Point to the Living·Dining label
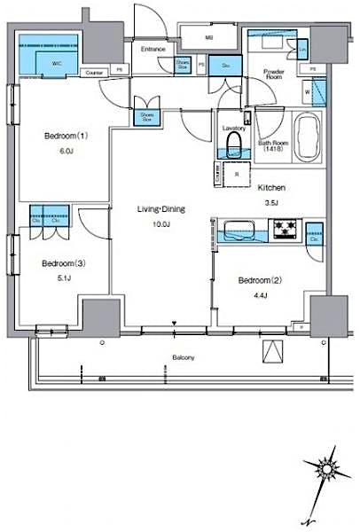pyautogui.click(x=160, y=208)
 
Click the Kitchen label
pyautogui.click(x=270, y=188)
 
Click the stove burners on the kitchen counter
pyautogui.click(x=286, y=232)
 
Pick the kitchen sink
pyautogui.click(x=242, y=234)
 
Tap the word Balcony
pyautogui.click(x=184, y=357)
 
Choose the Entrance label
pyautogui.click(x=153, y=49)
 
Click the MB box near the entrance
pyautogui.click(x=209, y=38)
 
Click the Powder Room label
pyautogui.click(x=274, y=75)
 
